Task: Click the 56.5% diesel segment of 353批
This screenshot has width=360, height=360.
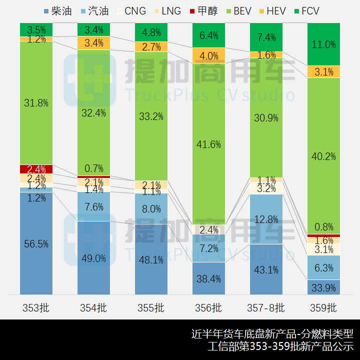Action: tap(36, 243)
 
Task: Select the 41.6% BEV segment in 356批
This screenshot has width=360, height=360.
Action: tap(208, 144)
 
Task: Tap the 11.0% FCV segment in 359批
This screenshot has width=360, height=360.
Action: tap(323, 44)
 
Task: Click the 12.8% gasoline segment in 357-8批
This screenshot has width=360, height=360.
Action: tap(266, 219)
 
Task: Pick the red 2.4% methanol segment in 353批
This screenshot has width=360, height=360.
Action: tap(36, 169)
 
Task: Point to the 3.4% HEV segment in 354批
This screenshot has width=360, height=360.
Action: tap(93, 43)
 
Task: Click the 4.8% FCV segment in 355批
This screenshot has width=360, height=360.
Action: tap(151, 32)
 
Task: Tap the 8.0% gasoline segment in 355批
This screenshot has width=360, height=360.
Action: tap(151, 208)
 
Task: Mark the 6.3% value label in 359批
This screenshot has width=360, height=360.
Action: tap(323, 268)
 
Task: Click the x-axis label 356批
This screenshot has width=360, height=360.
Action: tap(208, 307)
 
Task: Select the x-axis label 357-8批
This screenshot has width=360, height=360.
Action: tap(266, 307)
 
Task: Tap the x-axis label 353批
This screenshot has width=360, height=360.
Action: tap(36, 307)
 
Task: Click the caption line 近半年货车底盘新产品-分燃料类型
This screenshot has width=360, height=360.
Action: tap(272, 333)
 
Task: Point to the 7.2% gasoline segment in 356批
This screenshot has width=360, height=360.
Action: tap(208, 248)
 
